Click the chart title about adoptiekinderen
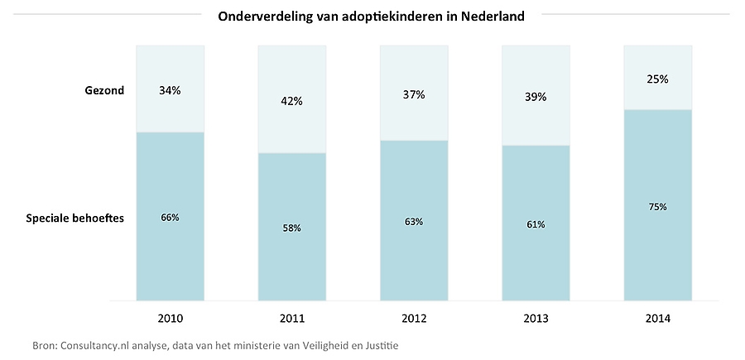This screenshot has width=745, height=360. [x=371, y=16]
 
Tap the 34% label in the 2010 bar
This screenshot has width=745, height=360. [x=170, y=90]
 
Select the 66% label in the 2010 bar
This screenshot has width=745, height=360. [x=170, y=217]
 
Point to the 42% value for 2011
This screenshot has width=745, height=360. [x=292, y=101]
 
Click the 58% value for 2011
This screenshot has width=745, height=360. [x=292, y=228]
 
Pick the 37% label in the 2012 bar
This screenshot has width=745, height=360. [x=414, y=94]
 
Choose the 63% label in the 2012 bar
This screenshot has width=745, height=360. [x=414, y=221]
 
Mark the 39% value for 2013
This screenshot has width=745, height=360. [x=536, y=97]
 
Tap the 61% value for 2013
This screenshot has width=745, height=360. [x=536, y=223]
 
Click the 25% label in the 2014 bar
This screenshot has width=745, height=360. [x=657, y=79]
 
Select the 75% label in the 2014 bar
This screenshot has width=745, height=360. [x=657, y=206]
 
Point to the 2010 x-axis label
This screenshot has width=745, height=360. [x=170, y=319]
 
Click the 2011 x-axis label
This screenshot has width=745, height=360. [x=292, y=319]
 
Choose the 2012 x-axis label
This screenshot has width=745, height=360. [x=414, y=319]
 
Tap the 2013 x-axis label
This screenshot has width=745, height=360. [x=536, y=319]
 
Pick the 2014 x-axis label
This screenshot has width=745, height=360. [x=657, y=319]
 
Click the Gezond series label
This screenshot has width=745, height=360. [x=103, y=90]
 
